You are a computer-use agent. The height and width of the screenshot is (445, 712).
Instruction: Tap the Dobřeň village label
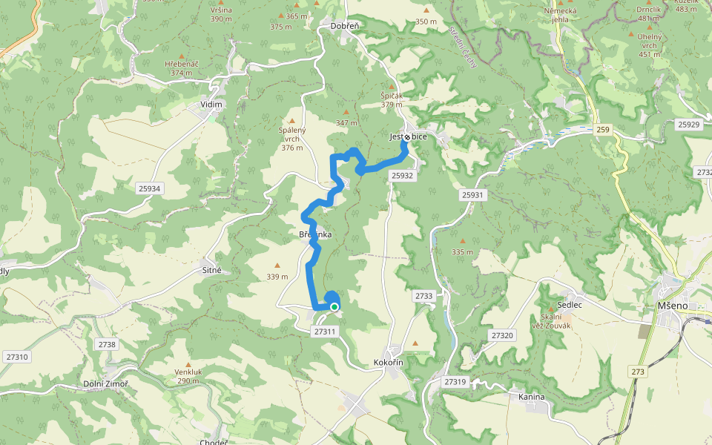[x=345, y=26]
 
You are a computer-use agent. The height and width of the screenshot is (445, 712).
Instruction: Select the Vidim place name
[x=211, y=105]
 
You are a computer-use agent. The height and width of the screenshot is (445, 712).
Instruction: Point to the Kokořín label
[x=388, y=363]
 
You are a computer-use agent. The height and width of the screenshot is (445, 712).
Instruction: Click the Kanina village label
[x=532, y=397]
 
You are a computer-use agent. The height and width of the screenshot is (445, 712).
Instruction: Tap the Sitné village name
[x=212, y=271]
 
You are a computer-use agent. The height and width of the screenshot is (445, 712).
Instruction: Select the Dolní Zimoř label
[x=105, y=383]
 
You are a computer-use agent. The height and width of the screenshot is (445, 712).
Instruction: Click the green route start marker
[x=334, y=306]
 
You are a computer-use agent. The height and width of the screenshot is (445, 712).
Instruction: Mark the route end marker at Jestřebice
[x=407, y=137]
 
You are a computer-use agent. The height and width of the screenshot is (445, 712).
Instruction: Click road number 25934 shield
[x=149, y=188]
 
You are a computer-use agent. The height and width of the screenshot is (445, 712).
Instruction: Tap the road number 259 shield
[x=602, y=130]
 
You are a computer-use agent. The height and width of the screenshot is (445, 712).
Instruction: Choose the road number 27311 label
[x=326, y=332]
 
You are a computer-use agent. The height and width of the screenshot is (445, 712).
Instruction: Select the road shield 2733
[x=423, y=296]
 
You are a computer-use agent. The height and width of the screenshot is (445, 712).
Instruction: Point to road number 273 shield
[x=637, y=371]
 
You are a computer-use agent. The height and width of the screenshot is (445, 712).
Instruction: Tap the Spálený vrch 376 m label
[x=292, y=139]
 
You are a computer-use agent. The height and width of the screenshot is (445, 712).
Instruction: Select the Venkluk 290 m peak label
[x=188, y=376]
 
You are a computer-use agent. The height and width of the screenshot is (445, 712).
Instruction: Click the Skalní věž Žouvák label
[x=551, y=321]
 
